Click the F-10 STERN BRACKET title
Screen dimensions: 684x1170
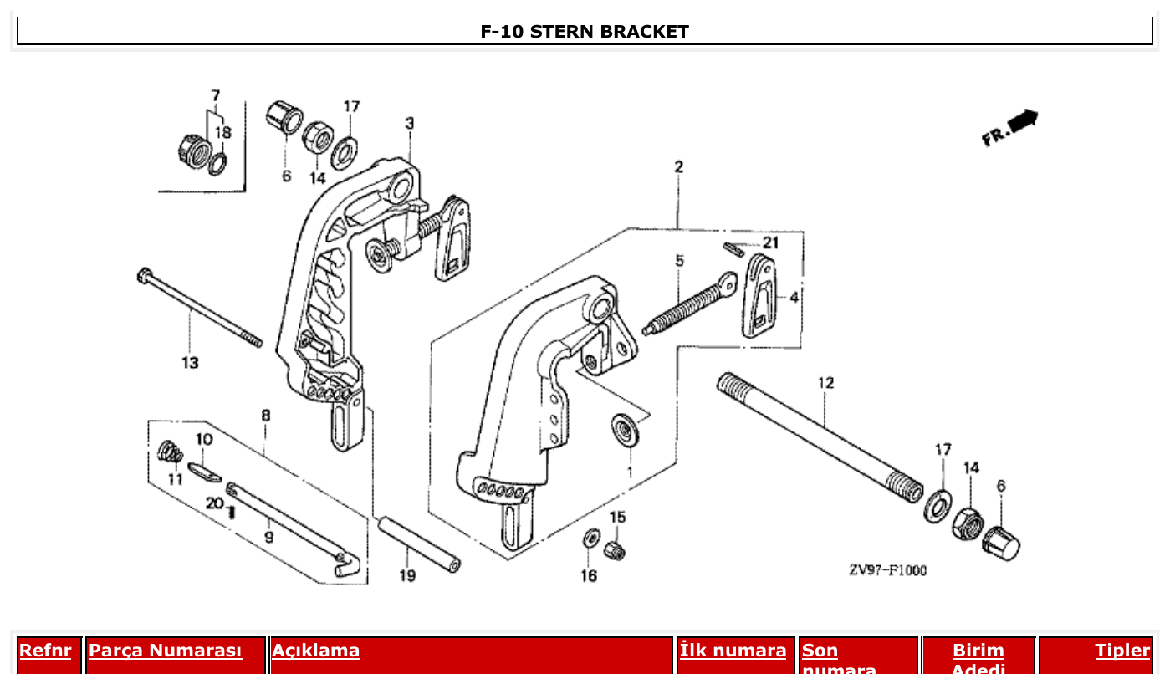pyautogui.click(x=585, y=32)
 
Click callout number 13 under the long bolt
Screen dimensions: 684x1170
pyautogui.click(x=190, y=363)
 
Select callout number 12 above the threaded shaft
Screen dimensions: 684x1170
pyautogui.click(x=825, y=383)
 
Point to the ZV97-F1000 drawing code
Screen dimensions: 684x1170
pyautogui.click(x=887, y=570)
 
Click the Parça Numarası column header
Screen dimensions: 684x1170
pyautogui.click(x=166, y=651)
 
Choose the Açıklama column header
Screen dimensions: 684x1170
pyautogui.click(x=316, y=651)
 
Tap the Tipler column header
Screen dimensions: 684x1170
pyautogui.click(x=1122, y=651)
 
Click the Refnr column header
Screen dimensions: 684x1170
pyautogui.click(x=45, y=651)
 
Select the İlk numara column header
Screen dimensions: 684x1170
pyautogui.click(x=733, y=651)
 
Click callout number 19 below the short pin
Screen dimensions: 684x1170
pyautogui.click(x=407, y=575)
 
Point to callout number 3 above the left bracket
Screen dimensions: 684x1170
pyautogui.click(x=409, y=124)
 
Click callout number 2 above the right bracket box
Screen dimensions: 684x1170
pyautogui.click(x=678, y=167)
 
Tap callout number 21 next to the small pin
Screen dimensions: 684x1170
pyautogui.click(x=770, y=242)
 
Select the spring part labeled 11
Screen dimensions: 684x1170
pyautogui.click(x=170, y=452)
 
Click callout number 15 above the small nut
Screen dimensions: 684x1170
pyautogui.click(x=617, y=518)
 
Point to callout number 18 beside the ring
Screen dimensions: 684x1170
pyautogui.click(x=222, y=132)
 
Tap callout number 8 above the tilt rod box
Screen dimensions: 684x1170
pyautogui.click(x=265, y=415)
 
